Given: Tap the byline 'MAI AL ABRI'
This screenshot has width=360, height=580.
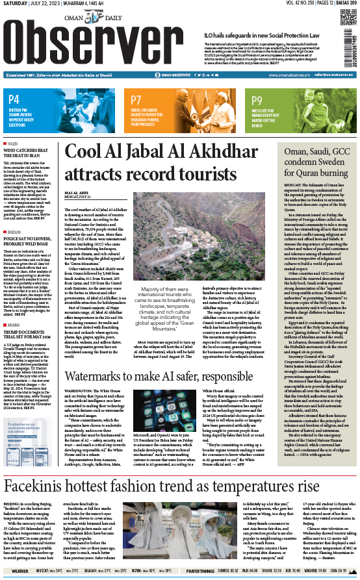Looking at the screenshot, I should pyautogui.click(x=76, y=193).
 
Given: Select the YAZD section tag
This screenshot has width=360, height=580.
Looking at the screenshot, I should pyautogui.click(x=12, y=144).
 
